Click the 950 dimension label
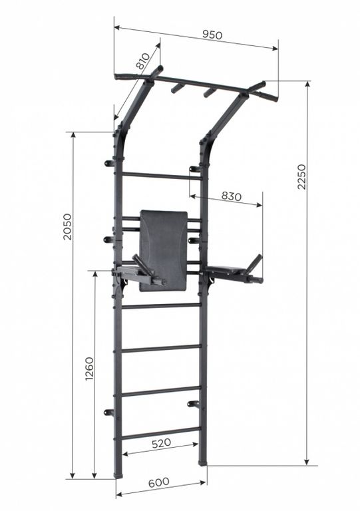click(212, 35)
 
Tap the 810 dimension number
click(142, 61)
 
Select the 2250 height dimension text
click(301, 176)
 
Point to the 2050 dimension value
click(67, 227)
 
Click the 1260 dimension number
click(89, 369)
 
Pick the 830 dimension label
click(232, 196)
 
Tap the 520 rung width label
click(161, 443)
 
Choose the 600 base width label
click(158, 482)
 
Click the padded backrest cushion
click(164, 250)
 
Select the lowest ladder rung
click(160, 432)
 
